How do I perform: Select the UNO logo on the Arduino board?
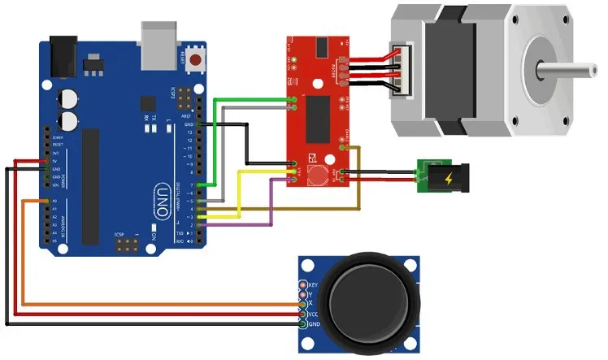161,202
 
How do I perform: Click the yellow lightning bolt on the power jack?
448,177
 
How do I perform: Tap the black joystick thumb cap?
371,306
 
